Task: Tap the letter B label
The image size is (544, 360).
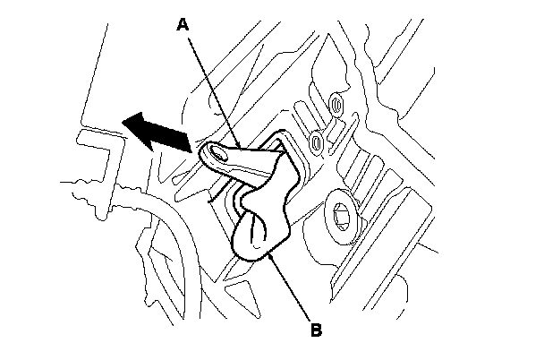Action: [x=315, y=330]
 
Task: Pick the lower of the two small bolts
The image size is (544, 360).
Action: [x=317, y=141]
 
